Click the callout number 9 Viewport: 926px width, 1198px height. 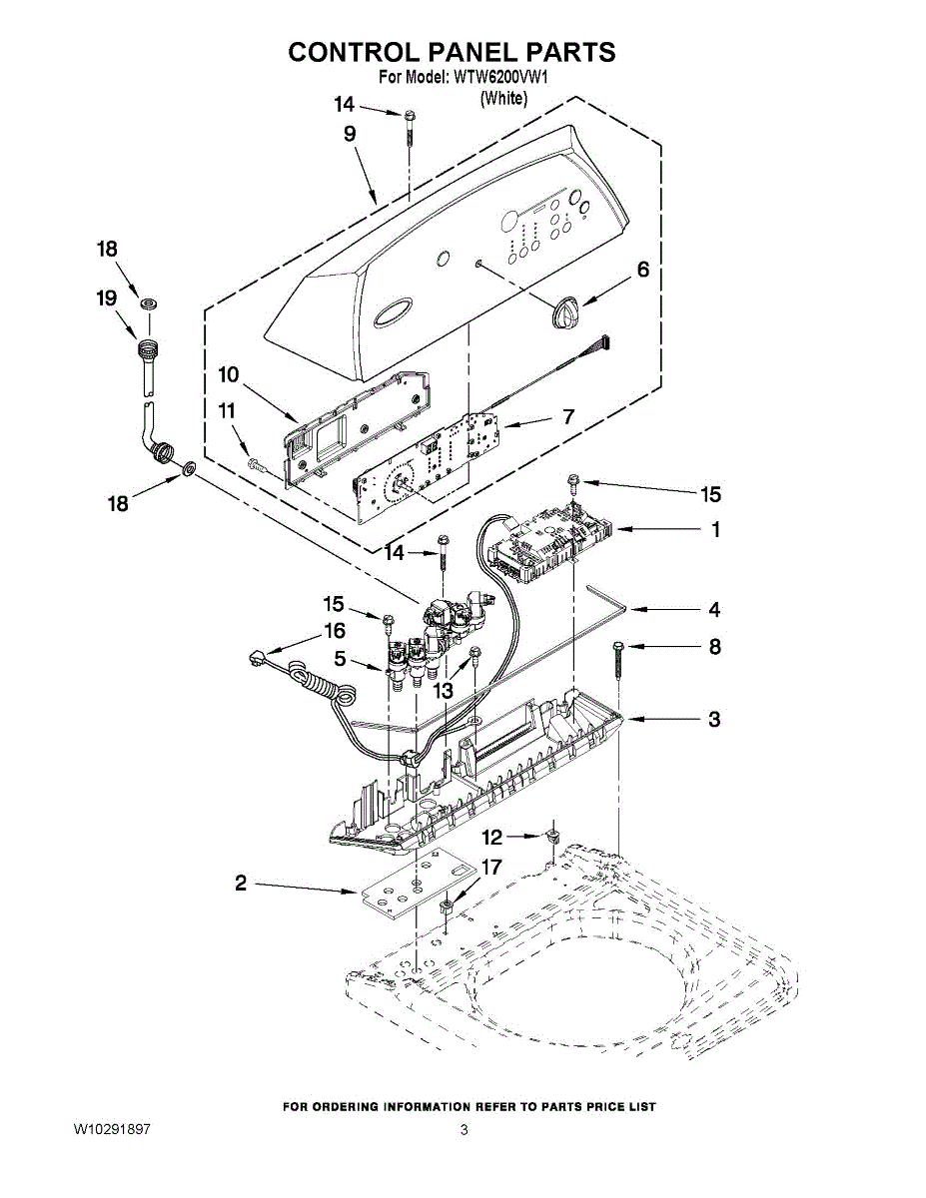(350, 134)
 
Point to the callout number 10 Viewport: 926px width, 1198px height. (229, 374)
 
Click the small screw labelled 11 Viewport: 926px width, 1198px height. (254, 464)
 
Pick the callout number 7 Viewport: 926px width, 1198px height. (567, 416)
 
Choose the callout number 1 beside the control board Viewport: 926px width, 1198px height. (715, 530)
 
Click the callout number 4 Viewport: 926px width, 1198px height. (714, 609)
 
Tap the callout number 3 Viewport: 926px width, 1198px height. (714, 719)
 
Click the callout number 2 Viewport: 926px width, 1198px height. (241, 883)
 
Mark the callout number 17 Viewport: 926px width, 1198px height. (491, 868)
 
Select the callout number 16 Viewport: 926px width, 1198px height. (334, 631)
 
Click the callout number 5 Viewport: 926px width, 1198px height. (341, 659)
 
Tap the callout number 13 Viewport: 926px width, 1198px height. (443, 689)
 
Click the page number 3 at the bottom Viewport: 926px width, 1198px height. (463, 1130)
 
